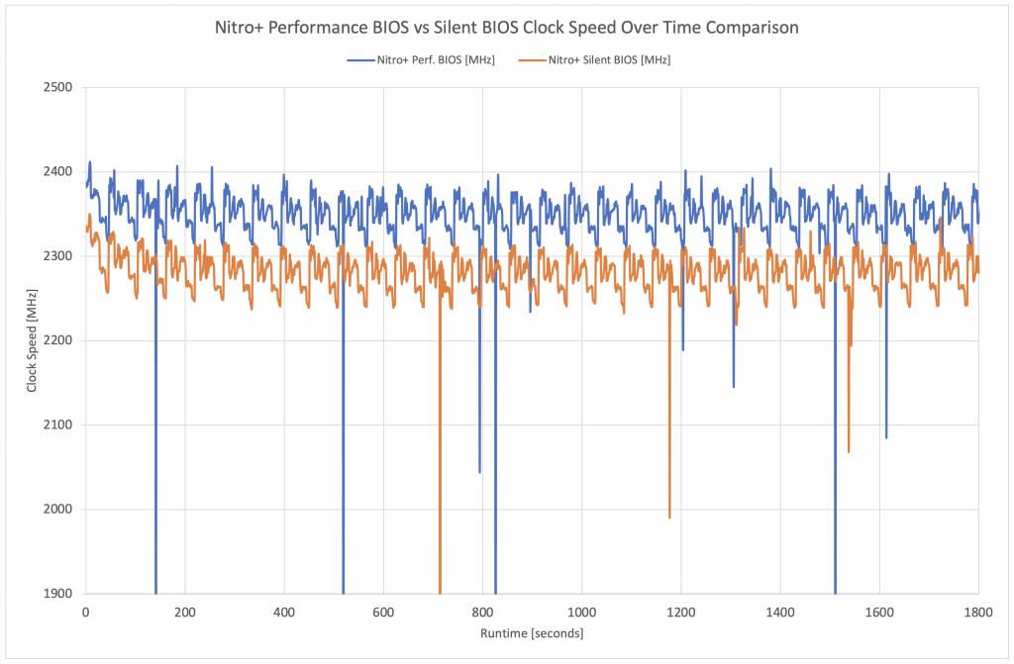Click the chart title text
pyautogui.click(x=507, y=28)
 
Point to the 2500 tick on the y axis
pyautogui.click(x=59, y=87)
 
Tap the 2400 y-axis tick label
pyautogui.click(x=59, y=171)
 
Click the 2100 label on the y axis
pyautogui.click(x=59, y=425)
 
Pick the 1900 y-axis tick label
pyautogui.click(x=59, y=594)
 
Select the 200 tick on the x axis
pyautogui.click(x=185, y=613)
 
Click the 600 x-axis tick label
pyautogui.click(x=383, y=613)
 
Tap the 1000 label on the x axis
pyautogui.click(x=581, y=613)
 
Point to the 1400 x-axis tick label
pyautogui.click(x=780, y=613)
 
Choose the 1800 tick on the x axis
pyautogui.click(x=978, y=613)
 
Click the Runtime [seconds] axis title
pyautogui.click(x=532, y=633)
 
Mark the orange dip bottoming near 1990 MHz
pyautogui.click(x=669, y=516)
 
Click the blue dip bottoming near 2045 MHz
pyautogui.click(x=479, y=470)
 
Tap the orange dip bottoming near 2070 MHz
pyautogui.click(x=849, y=450)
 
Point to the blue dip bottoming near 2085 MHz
pyautogui.click(x=886, y=435)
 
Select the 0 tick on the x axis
pyautogui.click(x=86, y=613)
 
